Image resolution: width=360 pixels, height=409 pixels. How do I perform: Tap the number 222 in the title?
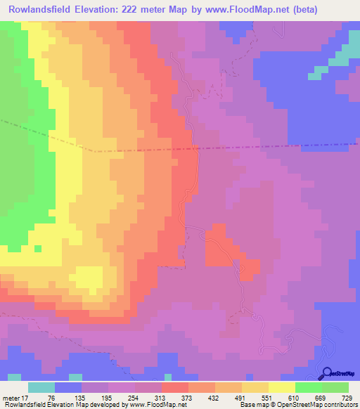pyautogui.click(x=141, y=10)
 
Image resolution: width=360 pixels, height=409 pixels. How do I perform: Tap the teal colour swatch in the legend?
pyautogui.click(x=41, y=387)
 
